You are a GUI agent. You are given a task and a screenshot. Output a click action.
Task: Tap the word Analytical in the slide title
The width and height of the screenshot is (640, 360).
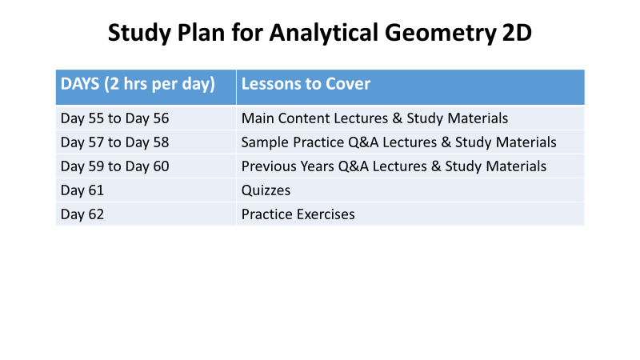324,33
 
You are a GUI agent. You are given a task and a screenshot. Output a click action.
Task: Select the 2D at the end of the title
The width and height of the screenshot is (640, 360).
517,32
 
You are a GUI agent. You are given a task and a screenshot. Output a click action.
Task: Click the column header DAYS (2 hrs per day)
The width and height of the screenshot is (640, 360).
138,84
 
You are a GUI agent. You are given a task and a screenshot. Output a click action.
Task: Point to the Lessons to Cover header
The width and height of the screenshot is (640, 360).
306,84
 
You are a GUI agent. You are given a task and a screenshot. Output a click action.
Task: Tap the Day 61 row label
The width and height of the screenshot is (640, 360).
82,190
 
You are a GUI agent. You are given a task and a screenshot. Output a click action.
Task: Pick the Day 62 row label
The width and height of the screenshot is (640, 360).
82,214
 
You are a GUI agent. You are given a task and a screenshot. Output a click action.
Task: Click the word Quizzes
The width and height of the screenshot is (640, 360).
266,190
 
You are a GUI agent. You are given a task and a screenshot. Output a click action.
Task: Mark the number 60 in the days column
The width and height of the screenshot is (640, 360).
162,166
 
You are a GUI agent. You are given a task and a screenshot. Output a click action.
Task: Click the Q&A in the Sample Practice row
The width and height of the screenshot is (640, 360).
363,142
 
